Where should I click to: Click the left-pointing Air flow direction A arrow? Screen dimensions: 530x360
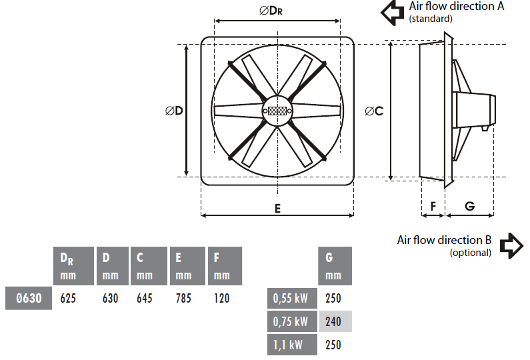coord(393,13)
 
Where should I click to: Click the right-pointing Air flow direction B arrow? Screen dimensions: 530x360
coord(512,246)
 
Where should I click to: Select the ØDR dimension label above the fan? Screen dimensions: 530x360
coord(271,11)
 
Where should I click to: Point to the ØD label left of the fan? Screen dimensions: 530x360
coord(174,111)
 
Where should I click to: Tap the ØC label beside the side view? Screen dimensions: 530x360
coord(374,111)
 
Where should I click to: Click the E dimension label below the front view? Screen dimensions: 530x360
coord(277,209)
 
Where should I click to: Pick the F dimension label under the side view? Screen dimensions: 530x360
coord(433,206)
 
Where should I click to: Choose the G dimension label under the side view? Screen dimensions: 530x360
coord(470,206)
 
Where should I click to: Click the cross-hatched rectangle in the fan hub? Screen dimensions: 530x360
coord(277,111)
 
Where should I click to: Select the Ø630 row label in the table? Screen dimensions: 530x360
coord(29,298)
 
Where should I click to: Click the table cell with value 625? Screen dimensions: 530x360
coord(68,298)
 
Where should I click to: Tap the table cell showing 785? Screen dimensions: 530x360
coord(183,298)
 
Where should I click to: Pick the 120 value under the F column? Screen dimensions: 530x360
coord(222,298)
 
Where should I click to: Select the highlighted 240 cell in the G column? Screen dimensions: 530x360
coord(335,321)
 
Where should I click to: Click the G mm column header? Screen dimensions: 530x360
coord(335,266)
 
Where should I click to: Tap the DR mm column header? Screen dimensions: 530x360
coord(73,266)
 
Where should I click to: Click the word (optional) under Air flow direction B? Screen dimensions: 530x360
coord(470,253)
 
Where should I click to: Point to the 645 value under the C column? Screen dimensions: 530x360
coord(145,298)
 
